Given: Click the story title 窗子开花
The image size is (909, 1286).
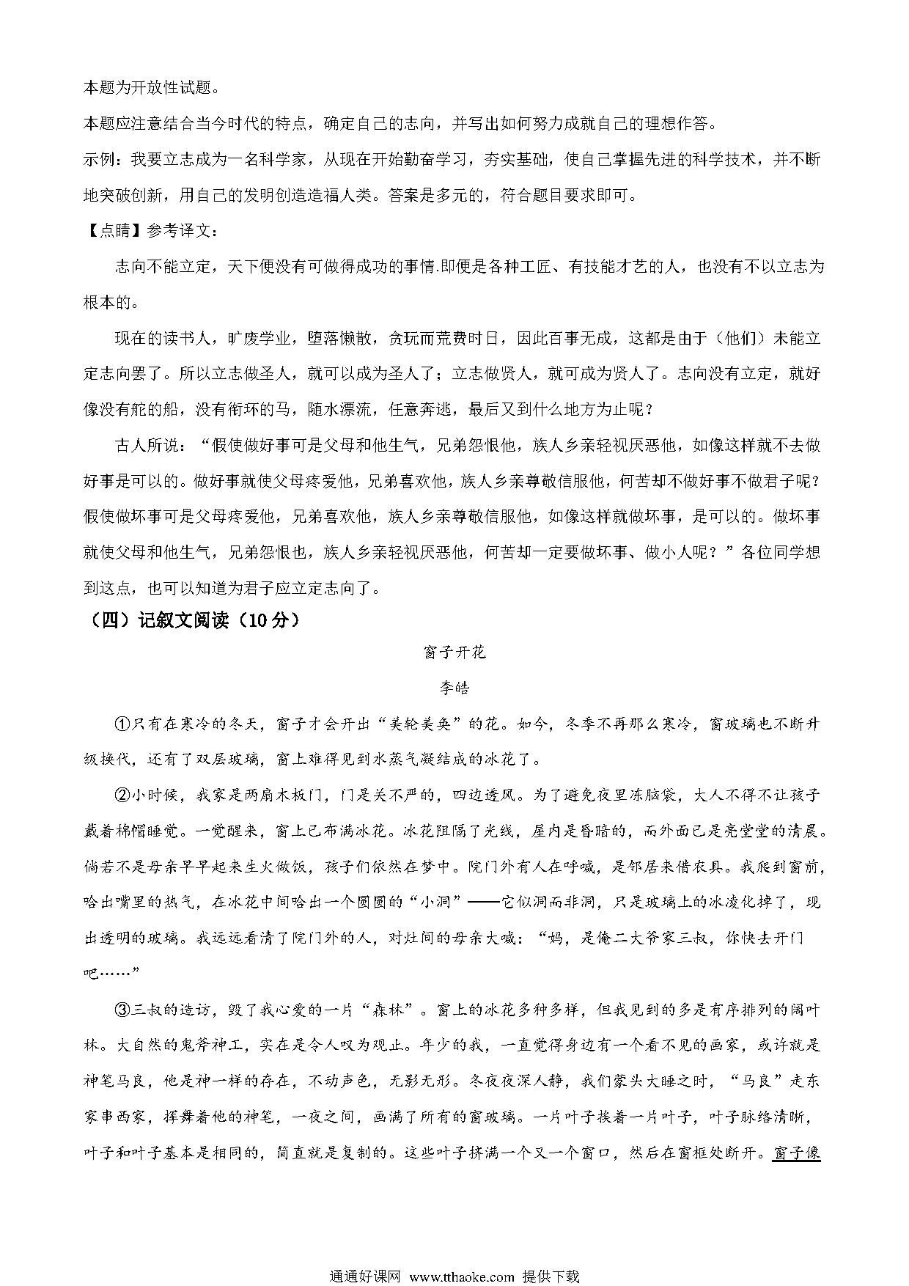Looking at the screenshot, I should tap(454, 652).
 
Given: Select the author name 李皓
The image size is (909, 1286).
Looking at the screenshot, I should tap(454, 688).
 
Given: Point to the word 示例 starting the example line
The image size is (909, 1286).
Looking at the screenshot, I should tap(98, 160).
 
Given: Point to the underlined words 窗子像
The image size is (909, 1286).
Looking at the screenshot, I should tap(796, 1153).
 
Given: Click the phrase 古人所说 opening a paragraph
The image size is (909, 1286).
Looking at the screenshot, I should tap(143, 445).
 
